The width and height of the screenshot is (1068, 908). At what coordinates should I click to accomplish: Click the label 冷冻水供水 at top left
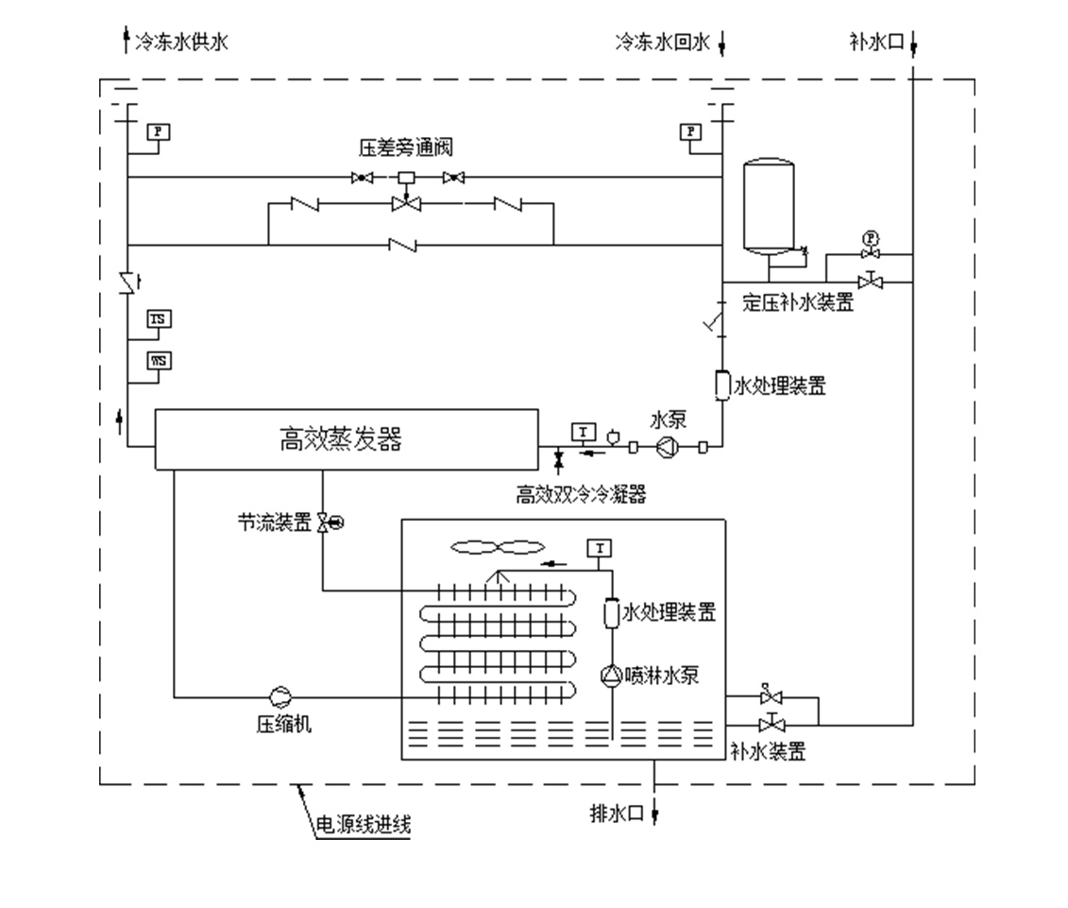[181, 42]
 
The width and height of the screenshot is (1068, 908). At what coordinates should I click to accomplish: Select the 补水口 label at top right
[877, 42]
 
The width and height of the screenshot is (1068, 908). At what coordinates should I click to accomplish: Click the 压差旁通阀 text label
[406, 147]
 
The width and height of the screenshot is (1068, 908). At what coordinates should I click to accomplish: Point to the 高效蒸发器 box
[346, 438]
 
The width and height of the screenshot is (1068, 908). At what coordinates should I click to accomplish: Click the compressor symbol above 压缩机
[280, 696]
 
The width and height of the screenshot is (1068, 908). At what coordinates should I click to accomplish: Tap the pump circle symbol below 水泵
[668, 447]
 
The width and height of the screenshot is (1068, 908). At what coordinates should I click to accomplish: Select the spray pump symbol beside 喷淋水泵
[611, 675]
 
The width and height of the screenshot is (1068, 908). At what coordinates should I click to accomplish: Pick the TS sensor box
[159, 319]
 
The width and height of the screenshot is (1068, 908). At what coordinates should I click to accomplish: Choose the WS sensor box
[159, 360]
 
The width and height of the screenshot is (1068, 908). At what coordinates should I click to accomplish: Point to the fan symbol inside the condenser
[498, 546]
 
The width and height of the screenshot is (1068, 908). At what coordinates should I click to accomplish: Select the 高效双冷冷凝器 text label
[582, 494]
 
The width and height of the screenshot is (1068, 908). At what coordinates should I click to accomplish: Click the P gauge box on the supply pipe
[158, 132]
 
